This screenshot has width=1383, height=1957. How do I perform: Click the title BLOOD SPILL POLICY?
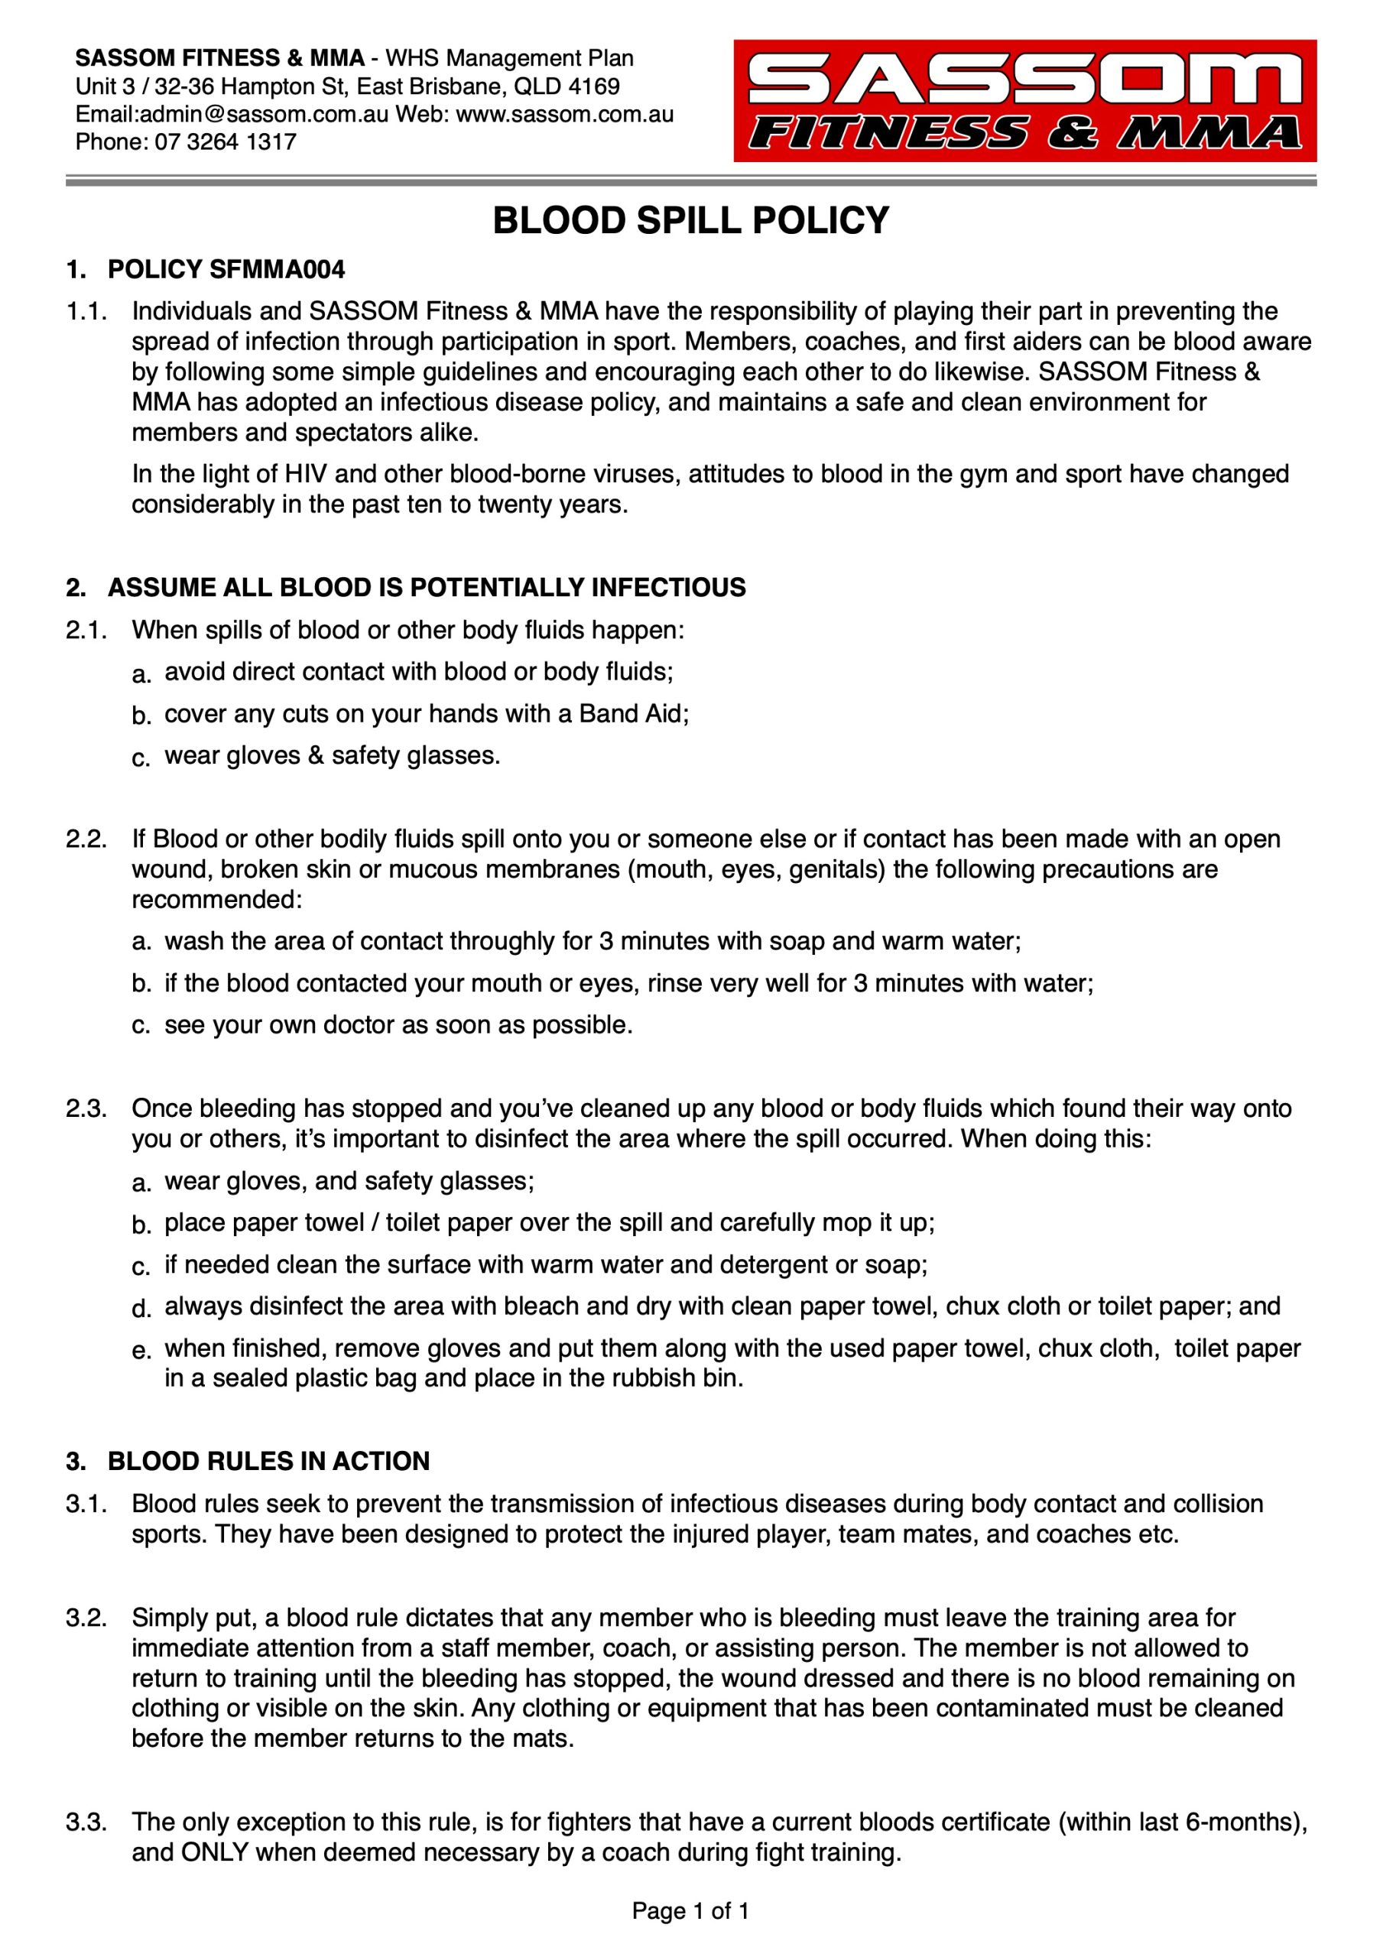point(690,221)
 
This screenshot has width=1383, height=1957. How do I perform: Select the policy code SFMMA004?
point(277,270)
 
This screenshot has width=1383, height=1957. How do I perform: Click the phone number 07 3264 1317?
point(225,141)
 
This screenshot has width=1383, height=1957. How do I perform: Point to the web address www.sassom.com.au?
point(564,114)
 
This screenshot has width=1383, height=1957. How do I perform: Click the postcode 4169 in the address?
point(593,86)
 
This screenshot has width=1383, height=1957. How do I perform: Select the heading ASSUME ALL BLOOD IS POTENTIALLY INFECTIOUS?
point(427,588)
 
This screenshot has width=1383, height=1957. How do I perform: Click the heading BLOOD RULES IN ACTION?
point(268,1461)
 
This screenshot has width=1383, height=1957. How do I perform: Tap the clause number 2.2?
point(86,839)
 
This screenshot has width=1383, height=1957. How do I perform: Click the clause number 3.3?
point(86,1822)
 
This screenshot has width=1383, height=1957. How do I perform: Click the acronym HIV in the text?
point(305,474)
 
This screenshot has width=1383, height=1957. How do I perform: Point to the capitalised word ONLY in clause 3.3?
point(215,1852)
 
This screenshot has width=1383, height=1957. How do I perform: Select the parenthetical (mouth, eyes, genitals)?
point(755,869)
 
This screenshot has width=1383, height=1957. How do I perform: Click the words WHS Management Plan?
point(509,58)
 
